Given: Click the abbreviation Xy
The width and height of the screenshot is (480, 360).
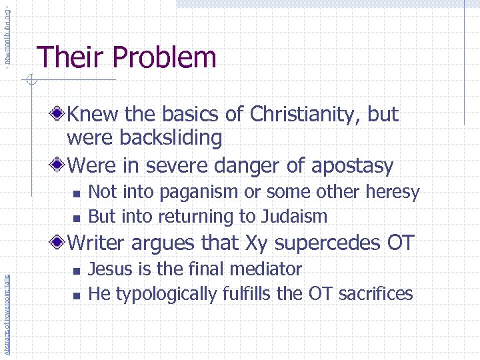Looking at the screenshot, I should point(289,243).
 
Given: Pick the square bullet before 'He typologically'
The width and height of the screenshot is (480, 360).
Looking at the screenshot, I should point(76,295).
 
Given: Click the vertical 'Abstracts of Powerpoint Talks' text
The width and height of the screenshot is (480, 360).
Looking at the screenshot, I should point(7,307).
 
